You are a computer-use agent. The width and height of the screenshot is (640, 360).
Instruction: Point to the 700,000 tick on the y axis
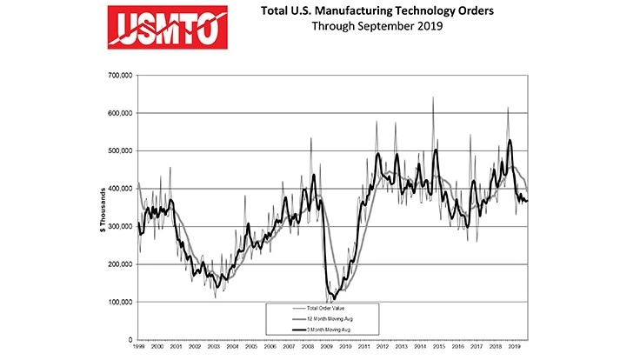pyautogui.click(x=118, y=76)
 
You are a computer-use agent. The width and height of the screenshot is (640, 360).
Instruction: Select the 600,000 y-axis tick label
pyautogui.click(x=118, y=113)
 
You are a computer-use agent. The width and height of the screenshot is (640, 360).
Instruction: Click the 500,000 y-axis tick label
pyautogui.click(x=118, y=151)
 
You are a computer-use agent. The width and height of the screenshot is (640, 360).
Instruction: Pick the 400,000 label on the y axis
pyautogui.click(x=118, y=189)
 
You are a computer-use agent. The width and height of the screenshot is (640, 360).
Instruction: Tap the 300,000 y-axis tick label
pyautogui.click(x=118, y=226)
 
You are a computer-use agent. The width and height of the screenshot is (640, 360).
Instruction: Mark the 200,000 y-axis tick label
pyautogui.click(x=118, y=264)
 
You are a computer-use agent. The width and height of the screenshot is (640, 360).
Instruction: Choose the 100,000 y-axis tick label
pyautogui.click(x=118, y=302)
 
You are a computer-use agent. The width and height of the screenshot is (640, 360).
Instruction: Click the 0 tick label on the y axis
pyautogui.click(x=129, y=339)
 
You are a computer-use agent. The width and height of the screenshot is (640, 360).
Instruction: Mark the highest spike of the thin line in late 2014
pyautogui.click(x=433, y=97)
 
